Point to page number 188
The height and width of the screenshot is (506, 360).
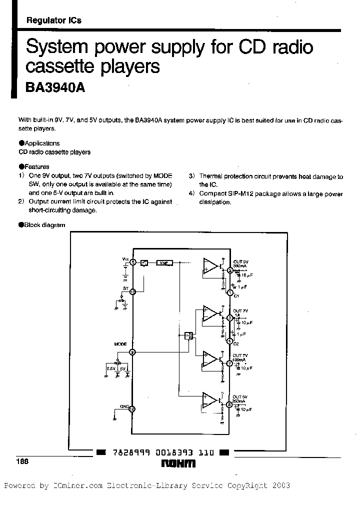21,462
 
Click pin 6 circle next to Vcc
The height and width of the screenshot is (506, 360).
132,262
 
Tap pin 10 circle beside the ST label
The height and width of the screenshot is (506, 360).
132,292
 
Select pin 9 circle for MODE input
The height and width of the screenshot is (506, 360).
132,352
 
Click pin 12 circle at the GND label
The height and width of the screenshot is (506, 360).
132,408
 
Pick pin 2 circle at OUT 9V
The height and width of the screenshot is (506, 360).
230,270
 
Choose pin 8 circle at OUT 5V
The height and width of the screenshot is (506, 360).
229,405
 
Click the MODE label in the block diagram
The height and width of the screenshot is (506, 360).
120,344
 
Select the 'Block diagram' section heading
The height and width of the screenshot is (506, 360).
45,225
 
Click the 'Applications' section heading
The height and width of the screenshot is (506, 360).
42,143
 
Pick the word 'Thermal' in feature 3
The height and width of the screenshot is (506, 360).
209,176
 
